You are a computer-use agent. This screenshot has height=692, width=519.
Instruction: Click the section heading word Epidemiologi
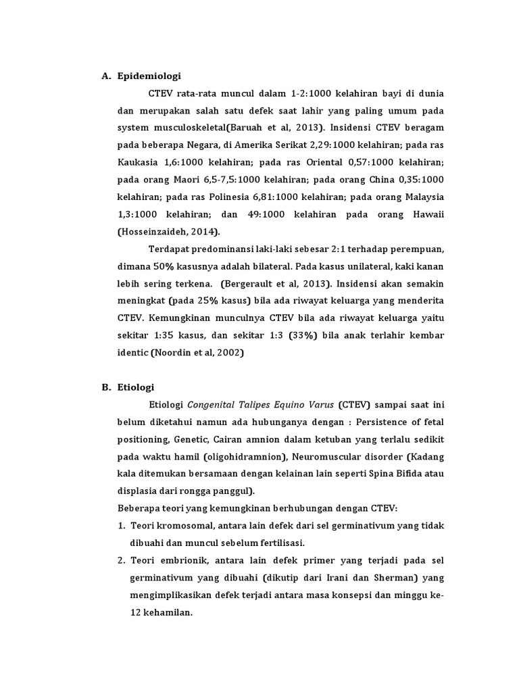[149, 76]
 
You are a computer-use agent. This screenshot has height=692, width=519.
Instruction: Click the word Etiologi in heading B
[136, 387]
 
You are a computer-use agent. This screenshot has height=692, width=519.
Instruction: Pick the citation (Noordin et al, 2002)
[197, 353]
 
